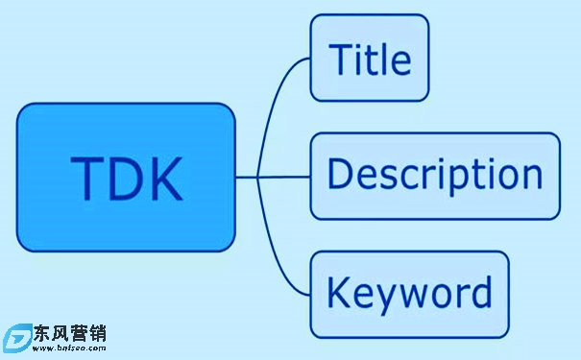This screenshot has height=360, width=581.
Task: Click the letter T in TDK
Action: pos(85,178)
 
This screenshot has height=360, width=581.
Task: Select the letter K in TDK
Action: pos(164,178)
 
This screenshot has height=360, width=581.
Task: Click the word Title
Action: pos(370,59)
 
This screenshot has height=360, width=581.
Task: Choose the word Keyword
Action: pos(409,294)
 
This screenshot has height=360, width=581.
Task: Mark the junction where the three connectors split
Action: pos(257,178)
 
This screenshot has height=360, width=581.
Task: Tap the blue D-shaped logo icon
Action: pos(17,338)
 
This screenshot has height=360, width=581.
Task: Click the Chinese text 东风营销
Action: pos(70,333)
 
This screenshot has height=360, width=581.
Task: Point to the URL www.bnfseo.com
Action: pos(69,348)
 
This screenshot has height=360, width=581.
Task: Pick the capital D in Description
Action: pos(340,173)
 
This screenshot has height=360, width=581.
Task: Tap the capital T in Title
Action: pos(342,59)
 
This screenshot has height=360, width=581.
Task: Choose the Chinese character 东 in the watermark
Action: pos(42,333)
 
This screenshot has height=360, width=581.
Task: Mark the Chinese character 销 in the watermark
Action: pos(98,333)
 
